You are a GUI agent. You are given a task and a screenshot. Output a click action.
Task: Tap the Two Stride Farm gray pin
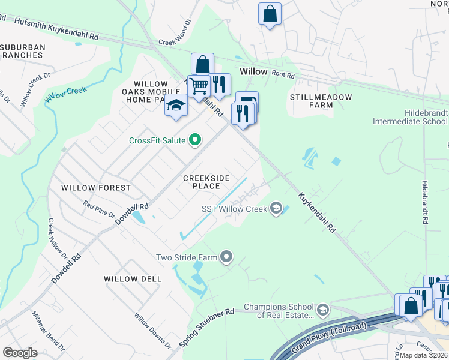click(226, 257)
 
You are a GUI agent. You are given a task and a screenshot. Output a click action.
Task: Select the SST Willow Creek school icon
click(276, 208)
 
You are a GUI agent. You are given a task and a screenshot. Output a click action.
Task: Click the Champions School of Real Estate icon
click(323, 310)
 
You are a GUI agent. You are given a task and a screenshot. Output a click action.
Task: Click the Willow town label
click(253, 71)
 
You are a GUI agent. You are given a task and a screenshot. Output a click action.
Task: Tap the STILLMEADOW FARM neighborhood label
click(312, 101)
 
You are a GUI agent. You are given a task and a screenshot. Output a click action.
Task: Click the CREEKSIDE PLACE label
click(206, 182)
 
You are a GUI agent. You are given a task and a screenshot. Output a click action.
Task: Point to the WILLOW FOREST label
click(96, 188)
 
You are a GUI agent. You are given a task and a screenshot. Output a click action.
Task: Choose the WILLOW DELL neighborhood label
click(133, 279)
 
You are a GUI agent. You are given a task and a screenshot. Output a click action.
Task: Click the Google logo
click(20, 353)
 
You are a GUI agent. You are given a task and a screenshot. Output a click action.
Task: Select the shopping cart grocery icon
click(198, 86)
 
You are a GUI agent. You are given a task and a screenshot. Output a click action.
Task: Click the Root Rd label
click(283, 76)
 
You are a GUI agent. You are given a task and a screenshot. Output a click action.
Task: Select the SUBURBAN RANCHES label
click(22, 50)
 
